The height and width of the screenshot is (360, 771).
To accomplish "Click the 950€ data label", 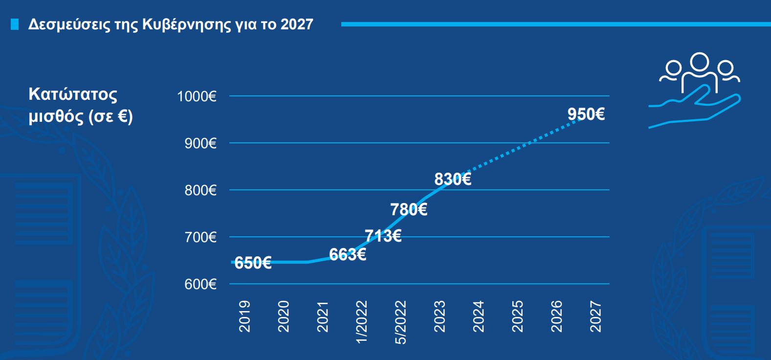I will click(586, 114).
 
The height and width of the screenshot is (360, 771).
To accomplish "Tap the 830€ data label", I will click(452, 180).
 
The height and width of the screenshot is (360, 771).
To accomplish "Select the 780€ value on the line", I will click(409, 210).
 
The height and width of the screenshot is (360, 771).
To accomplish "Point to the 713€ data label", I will click(383, 236).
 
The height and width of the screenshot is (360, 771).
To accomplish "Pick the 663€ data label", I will click(347, 255).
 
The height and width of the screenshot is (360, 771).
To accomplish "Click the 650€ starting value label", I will click(253, 263).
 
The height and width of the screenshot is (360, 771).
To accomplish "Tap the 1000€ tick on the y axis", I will click(197, 96).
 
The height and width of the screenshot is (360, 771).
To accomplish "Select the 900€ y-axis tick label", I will click(200, 143).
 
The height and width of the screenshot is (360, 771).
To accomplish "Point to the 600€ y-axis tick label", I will click(200, 284).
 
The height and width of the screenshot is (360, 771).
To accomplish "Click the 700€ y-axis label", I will click(200, 237).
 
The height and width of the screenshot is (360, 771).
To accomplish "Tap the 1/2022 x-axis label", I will click(362, 322).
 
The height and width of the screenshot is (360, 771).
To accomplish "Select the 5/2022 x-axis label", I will click(401, 322).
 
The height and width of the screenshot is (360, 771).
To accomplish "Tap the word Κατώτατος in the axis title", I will click(73, 94).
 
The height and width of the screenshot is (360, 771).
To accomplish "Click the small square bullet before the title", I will click(15, 24).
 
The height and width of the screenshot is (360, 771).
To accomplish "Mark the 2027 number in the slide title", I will click(297, 24).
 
